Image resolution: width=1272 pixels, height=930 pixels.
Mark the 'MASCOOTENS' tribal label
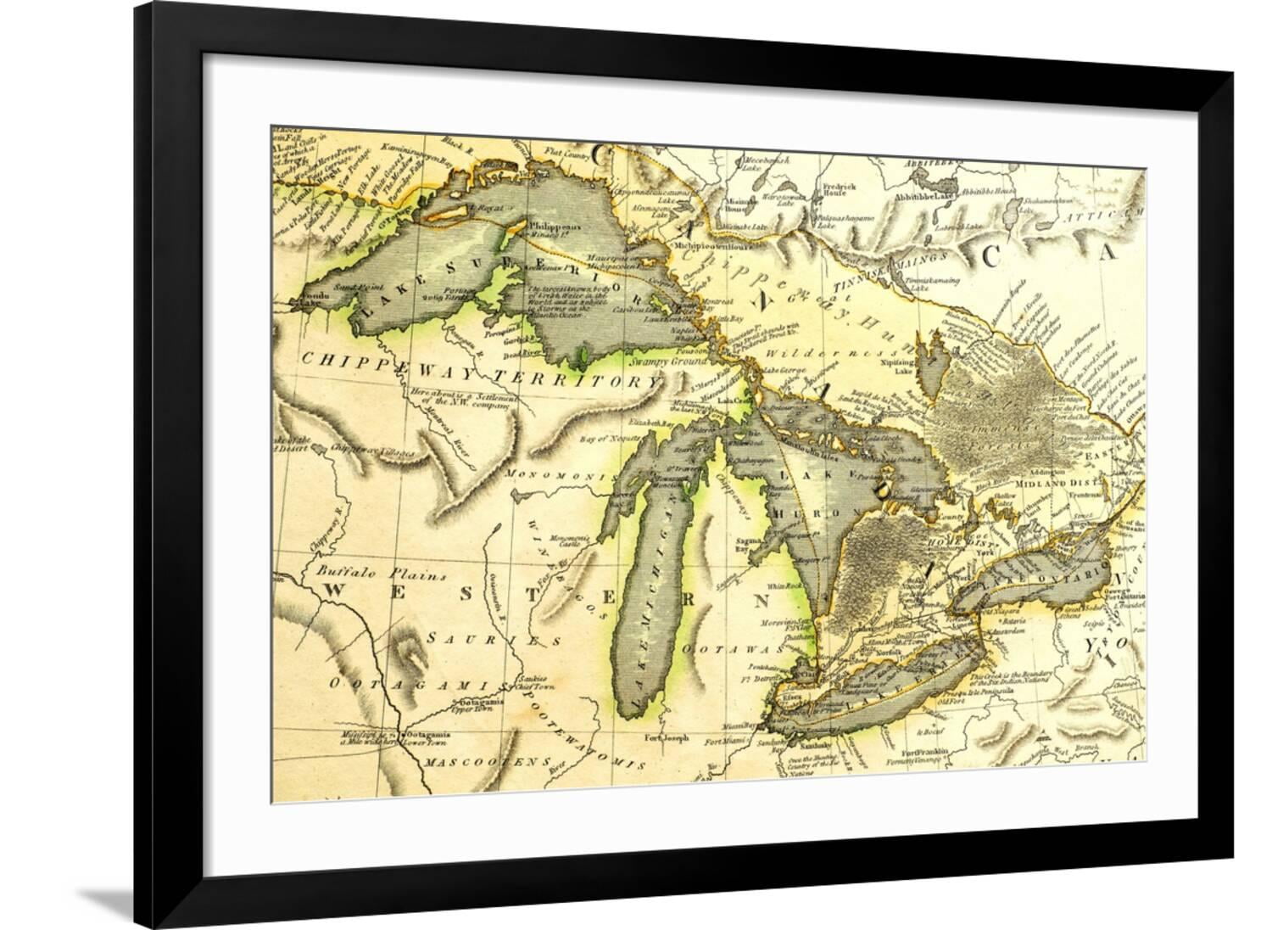(x=485, y=761)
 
